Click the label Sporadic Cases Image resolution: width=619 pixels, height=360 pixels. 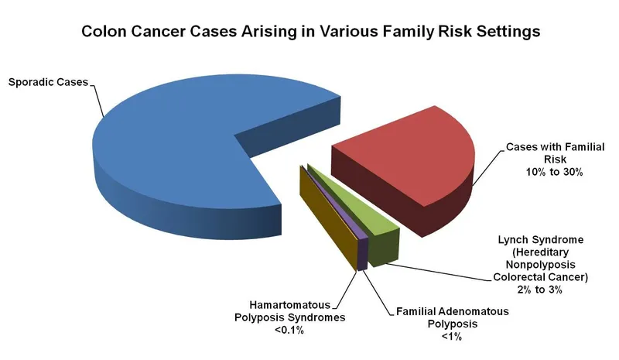tap(48, 81)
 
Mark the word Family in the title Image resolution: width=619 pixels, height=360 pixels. tap(380, 32)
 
